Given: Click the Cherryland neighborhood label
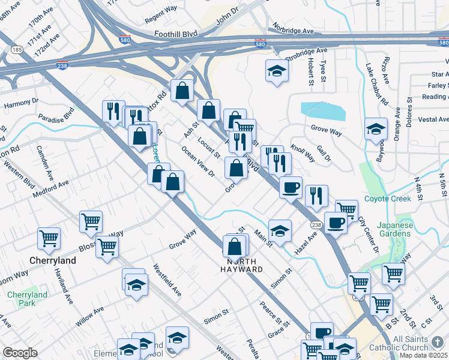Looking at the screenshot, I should click(53, 261).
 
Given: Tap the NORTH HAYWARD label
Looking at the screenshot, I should click(244, 265).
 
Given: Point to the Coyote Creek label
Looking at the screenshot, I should click(387, 199).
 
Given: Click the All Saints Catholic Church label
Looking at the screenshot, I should click(420, 344).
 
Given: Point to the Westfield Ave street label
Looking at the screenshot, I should click(167, 280).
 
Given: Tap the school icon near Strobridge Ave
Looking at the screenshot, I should click(277, 71).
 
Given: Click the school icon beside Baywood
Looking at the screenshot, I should click(376, 128).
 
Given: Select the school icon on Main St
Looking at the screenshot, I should click(280, 230).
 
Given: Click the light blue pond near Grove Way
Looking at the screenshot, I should click(323, 110).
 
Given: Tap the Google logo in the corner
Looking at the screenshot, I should click(20, 352).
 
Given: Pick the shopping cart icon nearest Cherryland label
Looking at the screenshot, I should click(49, 238).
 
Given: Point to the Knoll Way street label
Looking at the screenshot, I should click(303, 152).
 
